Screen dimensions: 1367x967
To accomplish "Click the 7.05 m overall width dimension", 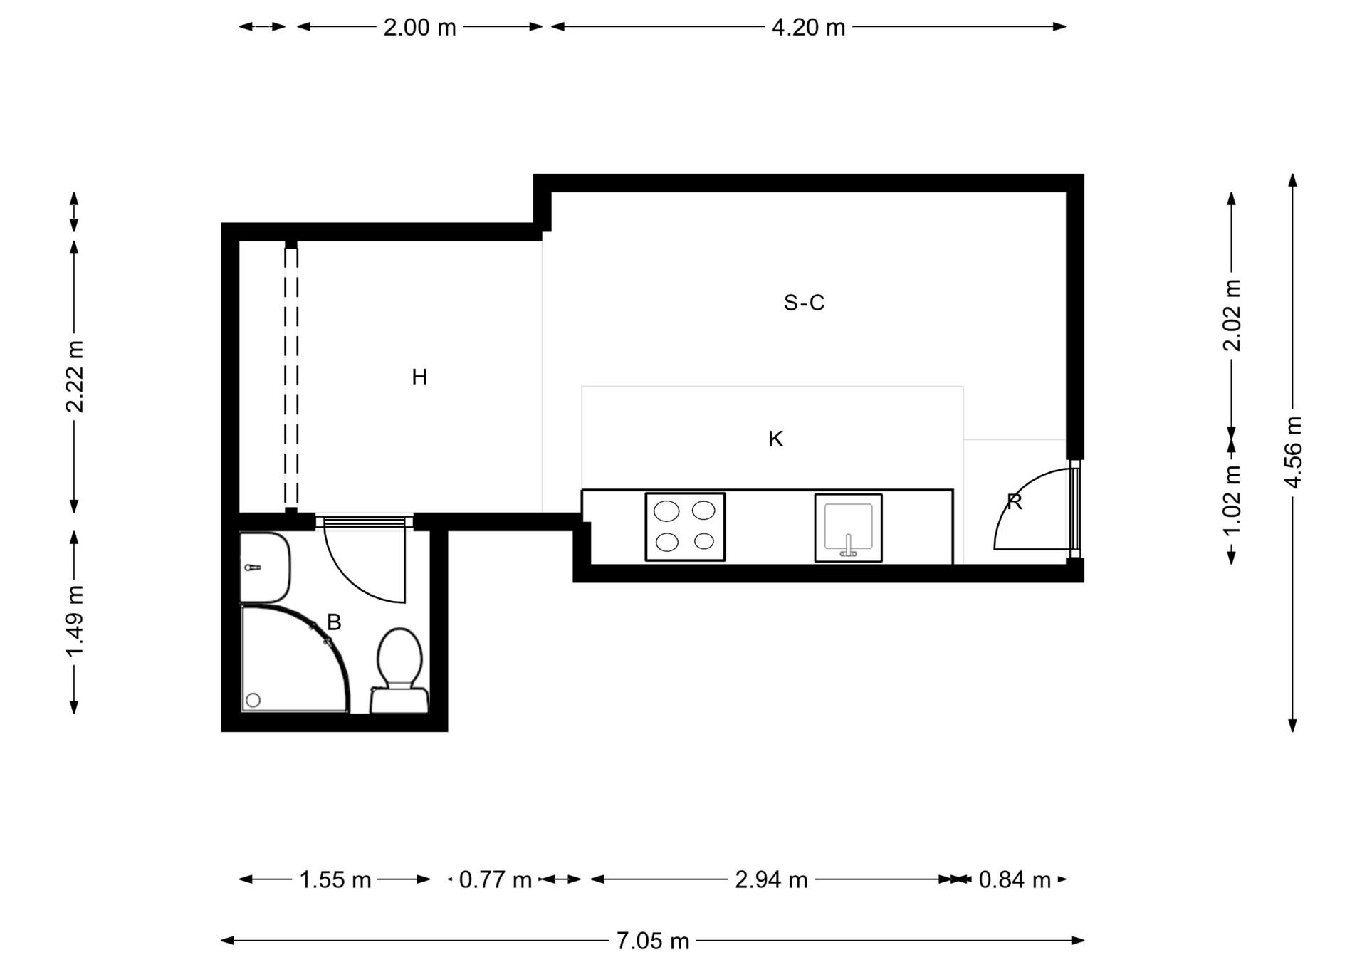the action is [653, 941].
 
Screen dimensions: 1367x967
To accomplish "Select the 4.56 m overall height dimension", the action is [1293, 453].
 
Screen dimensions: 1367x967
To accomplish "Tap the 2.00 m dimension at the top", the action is [419, 27].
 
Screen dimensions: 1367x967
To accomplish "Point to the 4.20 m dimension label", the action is [808, 27].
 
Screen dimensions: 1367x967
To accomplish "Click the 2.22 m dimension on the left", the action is [74, 377].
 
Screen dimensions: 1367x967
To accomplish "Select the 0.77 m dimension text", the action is [496, 880].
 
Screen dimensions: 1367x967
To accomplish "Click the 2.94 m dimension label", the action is [771, 880].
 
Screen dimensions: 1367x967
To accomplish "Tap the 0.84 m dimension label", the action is [1015, 880].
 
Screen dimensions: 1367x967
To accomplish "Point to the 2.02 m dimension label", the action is [1232, 315].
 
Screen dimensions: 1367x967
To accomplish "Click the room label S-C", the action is [804, 303].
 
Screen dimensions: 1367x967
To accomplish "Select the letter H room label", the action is [419, 377].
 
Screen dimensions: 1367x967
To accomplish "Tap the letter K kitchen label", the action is [775, 439].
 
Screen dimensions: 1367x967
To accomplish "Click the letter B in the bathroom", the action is [334, 622].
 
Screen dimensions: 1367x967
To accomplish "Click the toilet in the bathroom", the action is [399, 670].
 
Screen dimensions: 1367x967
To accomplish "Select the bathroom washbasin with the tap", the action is [265, 568].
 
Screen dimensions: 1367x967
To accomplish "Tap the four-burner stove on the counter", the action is [685, 527].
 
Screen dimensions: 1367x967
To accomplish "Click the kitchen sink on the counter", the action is [848, 528].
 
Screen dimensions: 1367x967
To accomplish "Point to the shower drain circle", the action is [253, 701].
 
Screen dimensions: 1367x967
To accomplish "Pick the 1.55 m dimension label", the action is [335, 880].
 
